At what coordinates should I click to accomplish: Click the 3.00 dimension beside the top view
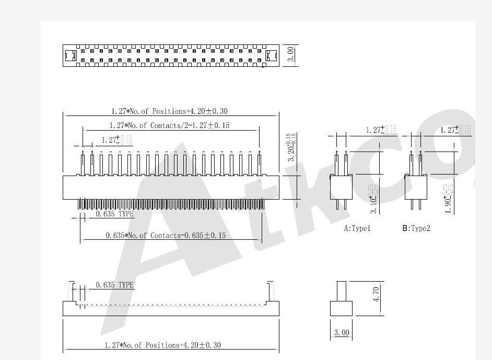291,54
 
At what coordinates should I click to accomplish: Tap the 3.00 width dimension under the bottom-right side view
341,332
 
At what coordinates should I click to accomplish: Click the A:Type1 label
357,228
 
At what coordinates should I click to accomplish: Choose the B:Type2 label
416,228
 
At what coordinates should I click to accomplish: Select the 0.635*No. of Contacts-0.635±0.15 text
166,236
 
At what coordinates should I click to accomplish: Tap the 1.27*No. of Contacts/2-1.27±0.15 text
169,125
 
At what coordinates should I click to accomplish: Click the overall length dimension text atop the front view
169,111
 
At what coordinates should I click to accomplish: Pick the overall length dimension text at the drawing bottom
162,345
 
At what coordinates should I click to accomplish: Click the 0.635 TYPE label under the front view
114,214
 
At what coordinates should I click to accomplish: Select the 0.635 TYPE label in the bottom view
114,285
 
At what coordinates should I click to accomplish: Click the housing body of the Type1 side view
341,187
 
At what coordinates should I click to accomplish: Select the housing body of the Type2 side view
416,187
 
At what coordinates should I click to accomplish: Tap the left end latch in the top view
70,55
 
